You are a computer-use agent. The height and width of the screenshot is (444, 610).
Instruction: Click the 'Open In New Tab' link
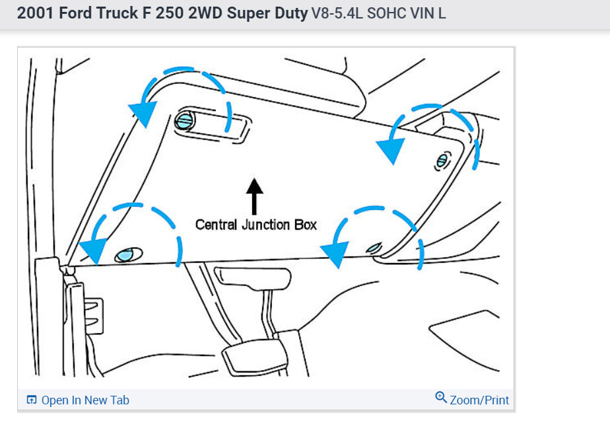pos(85,400)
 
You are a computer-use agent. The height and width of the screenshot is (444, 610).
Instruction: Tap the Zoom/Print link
pos(479,400)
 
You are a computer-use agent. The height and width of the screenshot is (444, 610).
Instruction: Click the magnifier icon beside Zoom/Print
pos(441,398)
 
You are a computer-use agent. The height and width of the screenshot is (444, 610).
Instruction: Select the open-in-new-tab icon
pos(31,400)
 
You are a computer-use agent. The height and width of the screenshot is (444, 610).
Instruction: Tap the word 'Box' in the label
pos(306,225)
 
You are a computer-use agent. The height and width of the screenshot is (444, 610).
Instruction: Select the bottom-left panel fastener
pos(126,254)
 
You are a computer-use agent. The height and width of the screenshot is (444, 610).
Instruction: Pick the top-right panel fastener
pos(442,161)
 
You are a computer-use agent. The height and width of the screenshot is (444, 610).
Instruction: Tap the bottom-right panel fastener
pos(374,248)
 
